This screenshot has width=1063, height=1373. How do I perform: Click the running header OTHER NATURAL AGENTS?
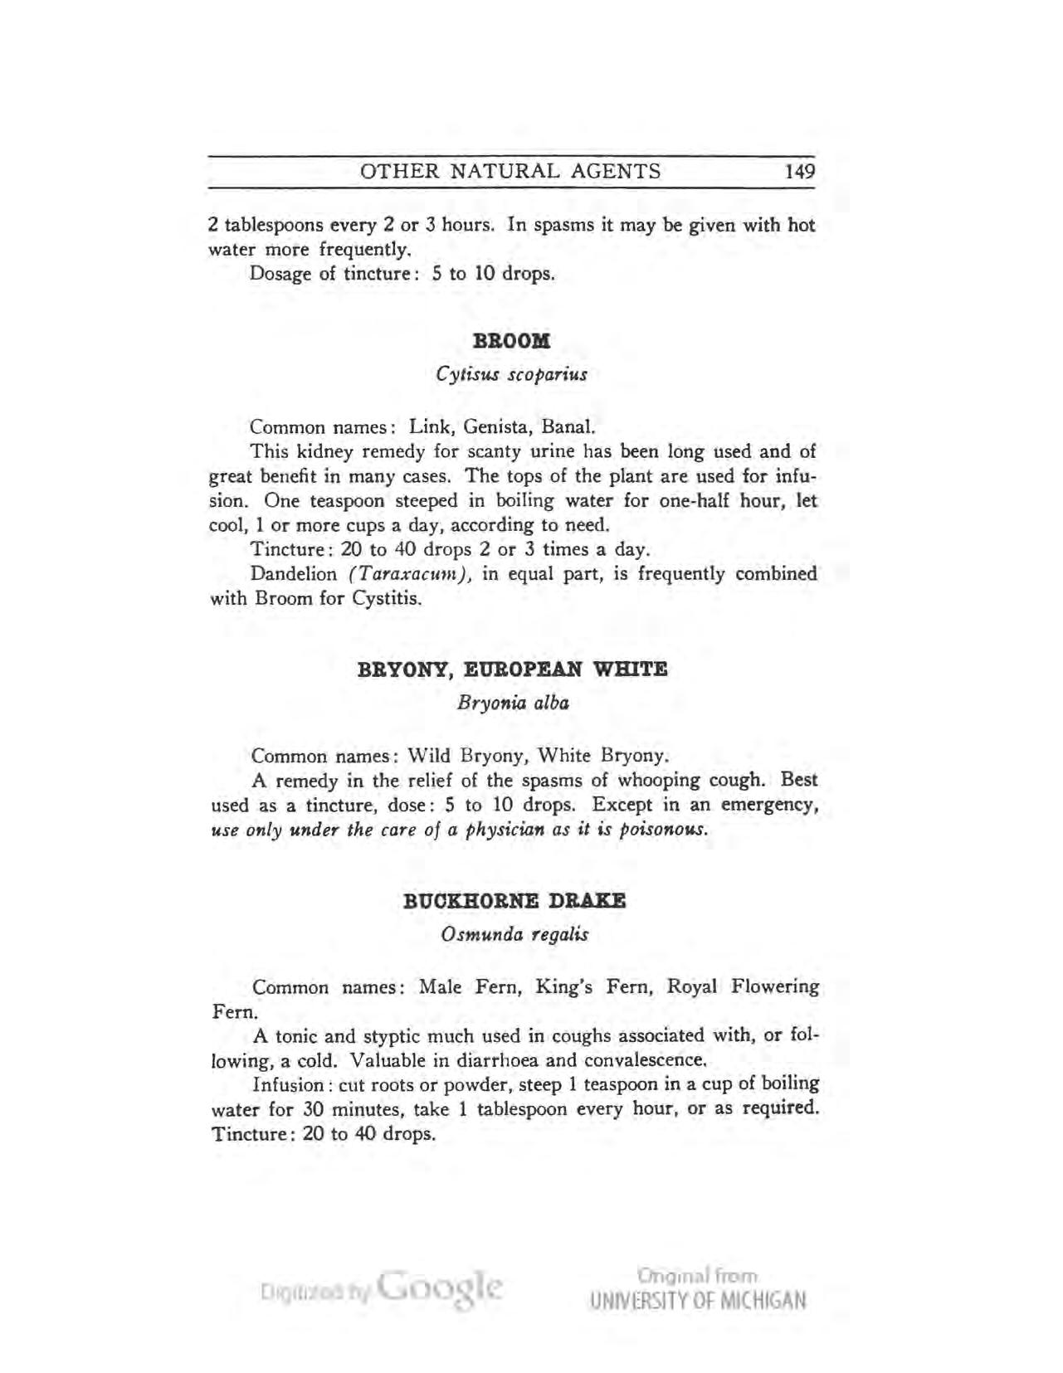510,172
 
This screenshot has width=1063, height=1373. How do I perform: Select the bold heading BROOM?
511,341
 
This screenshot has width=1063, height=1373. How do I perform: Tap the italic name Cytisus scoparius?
511,374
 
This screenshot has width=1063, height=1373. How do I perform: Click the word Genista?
498,428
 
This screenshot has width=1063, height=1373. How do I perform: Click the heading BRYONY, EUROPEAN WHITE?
512,669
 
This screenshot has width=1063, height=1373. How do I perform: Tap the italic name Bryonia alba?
513,703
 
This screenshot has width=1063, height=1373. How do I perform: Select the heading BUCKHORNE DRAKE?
514,901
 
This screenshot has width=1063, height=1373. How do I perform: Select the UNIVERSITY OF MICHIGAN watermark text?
698,1299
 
